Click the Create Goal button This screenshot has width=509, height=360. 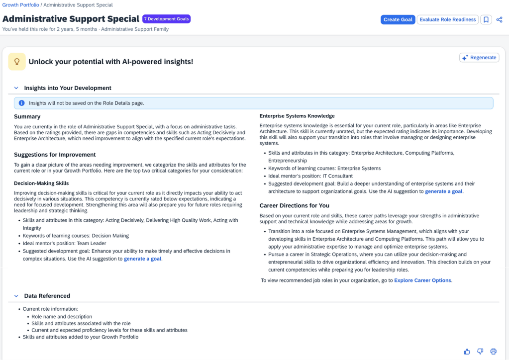tap(398, 20)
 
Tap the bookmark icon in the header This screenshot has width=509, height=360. tap(486, 20)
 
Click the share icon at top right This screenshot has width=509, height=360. tap(500, 20)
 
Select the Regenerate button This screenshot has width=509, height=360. tap(479, 58)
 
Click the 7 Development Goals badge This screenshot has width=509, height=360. tap(166, 19)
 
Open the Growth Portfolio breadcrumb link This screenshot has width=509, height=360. tap(20, 5)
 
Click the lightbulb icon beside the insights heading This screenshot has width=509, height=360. tap(17, 62)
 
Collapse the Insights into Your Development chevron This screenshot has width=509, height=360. tap(16, 88)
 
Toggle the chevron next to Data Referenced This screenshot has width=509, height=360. tap(16, 296)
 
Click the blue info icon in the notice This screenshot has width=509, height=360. tap(21, 103)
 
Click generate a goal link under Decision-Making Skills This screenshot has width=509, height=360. tap(143, 259)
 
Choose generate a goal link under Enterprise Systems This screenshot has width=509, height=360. tap(444, 191)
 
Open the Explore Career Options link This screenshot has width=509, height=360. tap(422, 280)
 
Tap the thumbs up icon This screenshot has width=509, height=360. tap(467, 352)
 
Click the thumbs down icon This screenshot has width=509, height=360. tap(480, 352)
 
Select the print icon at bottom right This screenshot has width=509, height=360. tap(494, 352)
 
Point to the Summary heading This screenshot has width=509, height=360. tap(27, 117)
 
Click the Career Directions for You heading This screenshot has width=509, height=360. tap(295, 205)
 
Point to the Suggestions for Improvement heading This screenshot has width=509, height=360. tap(55, 155)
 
